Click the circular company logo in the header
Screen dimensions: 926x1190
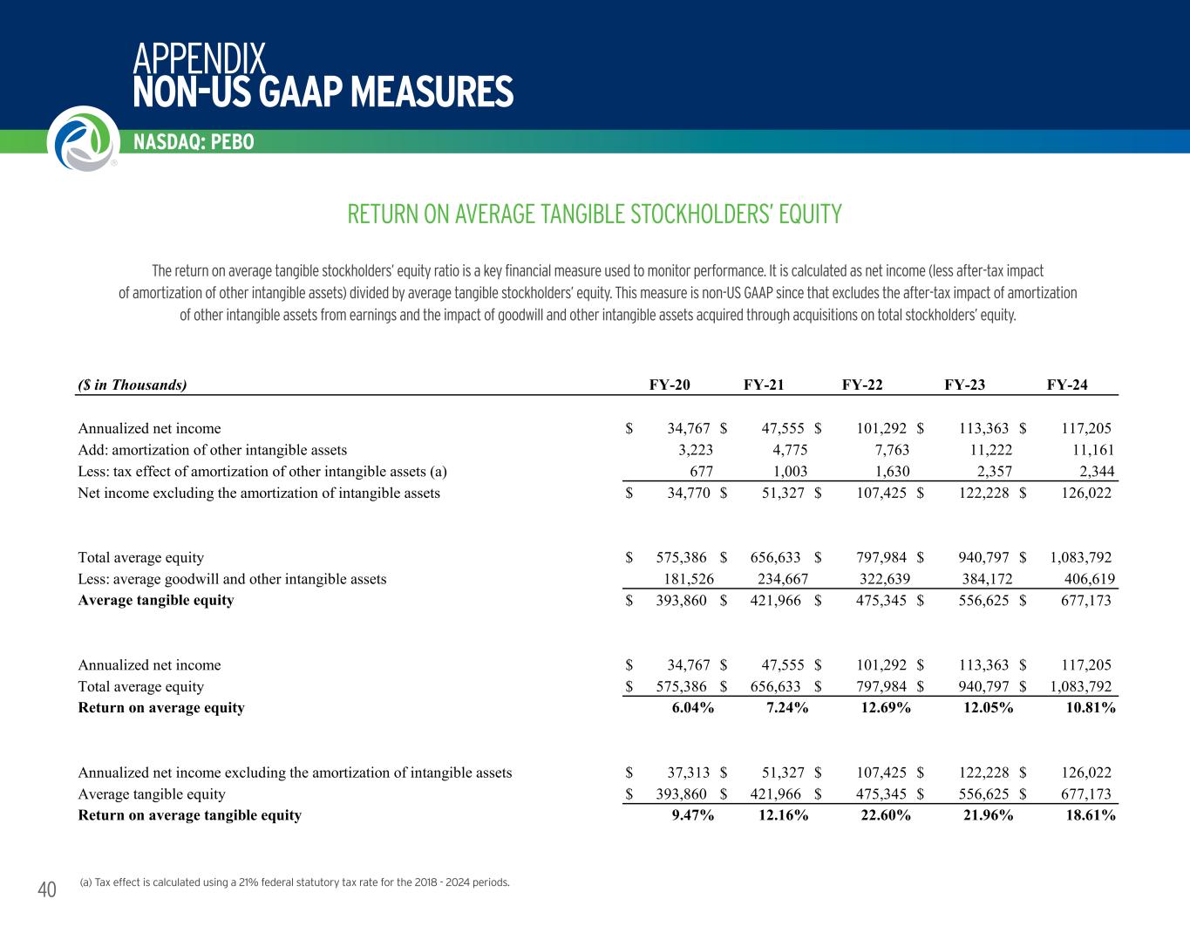(81, 138)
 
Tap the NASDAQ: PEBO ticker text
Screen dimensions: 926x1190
(194, 142)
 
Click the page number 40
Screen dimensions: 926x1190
(47, 889)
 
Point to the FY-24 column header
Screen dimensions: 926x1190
(1067, 385)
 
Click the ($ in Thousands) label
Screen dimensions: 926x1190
(133, 385)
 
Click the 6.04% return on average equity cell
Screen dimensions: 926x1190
(693, 707)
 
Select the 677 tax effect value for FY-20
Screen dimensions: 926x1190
(701, 471)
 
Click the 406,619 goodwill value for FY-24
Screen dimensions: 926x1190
(1085, 578)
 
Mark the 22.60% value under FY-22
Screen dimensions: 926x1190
(886, 815)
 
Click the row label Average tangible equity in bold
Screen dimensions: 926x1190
(156, 600)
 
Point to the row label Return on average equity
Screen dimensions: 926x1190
(161, 707)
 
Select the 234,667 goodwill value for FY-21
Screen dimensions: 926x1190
(779, 578)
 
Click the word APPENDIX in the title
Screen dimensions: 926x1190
(200, 58)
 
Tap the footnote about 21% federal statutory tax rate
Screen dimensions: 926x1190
(294, 882)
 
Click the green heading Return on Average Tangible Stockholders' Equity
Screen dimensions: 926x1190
(595, 214)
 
